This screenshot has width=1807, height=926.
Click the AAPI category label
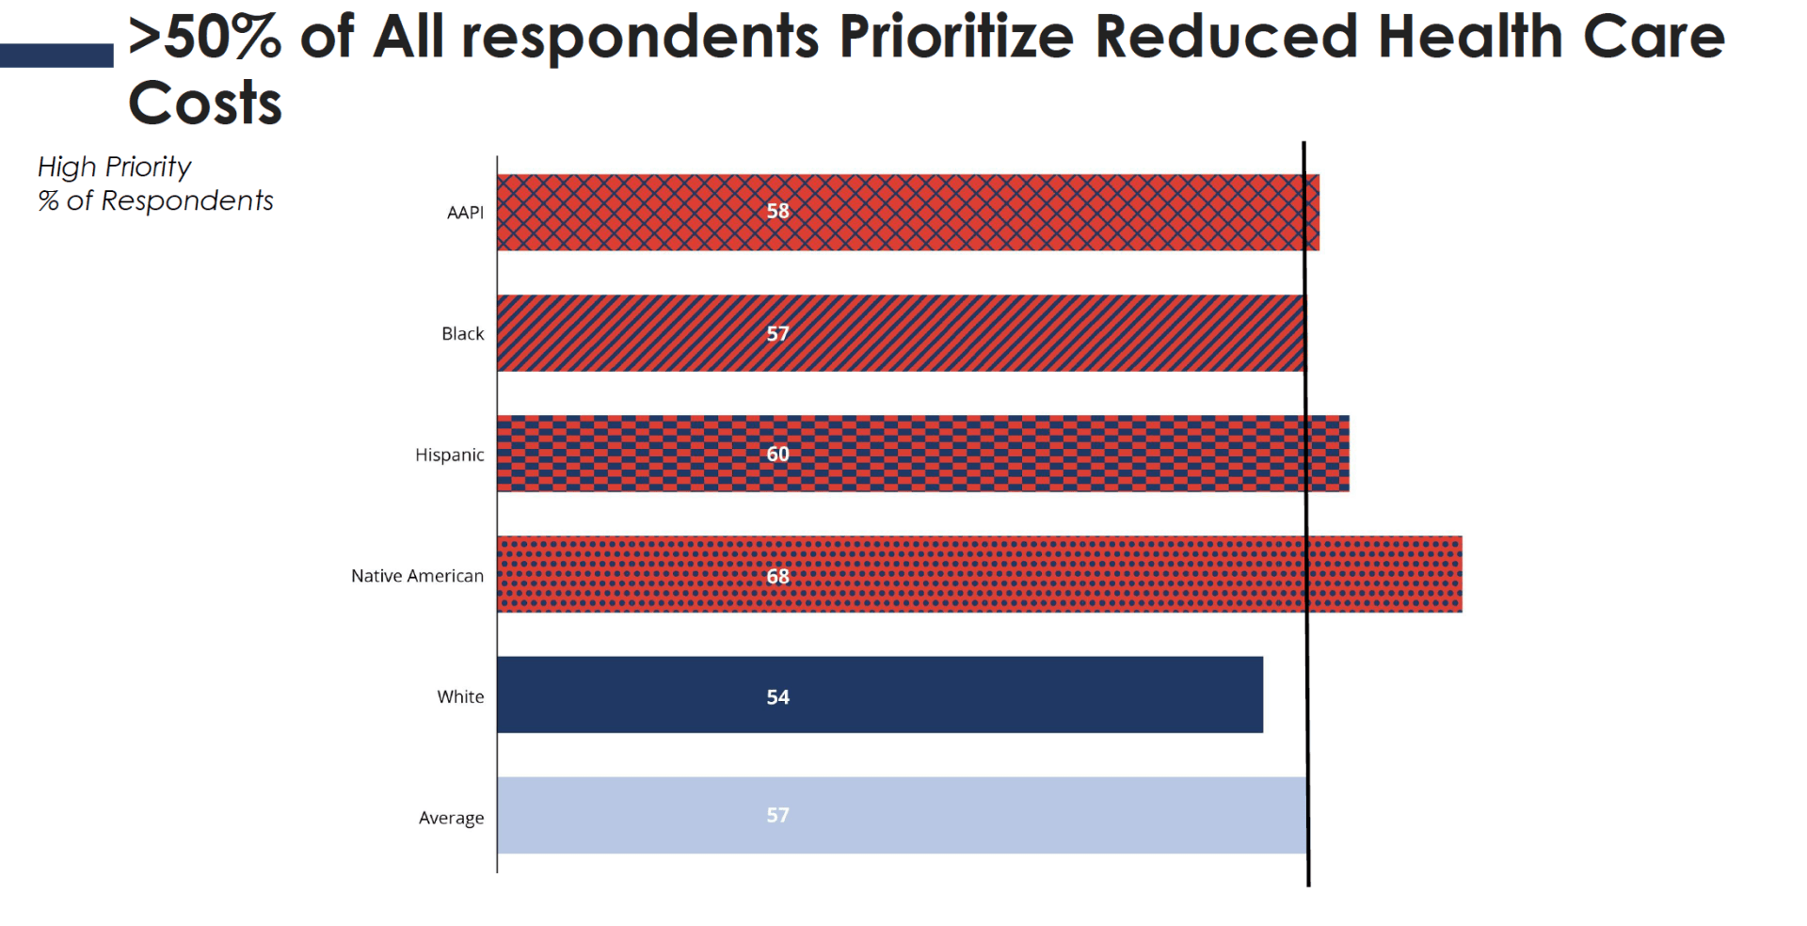click(465, 213)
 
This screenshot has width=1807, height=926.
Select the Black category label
click(462, 334)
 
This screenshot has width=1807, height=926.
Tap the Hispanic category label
click(449, 455)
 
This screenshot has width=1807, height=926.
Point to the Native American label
click(417, 576)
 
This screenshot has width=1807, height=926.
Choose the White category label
click(460, 697)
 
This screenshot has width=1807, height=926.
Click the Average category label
click(451, 818)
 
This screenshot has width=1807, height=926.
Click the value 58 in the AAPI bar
click(777, 212)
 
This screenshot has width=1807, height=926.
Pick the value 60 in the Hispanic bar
click(777, 455)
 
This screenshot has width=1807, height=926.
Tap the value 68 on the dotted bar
click(777, 576)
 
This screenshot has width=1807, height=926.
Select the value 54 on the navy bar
click(777, 697)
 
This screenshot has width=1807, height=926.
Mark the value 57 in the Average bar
click(777, 815)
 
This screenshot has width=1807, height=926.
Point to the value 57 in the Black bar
click(777, 333)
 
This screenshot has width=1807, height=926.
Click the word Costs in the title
click(205, 104)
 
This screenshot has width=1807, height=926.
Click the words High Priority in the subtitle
click(114, 168)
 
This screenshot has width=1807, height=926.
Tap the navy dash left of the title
click(56, 56)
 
